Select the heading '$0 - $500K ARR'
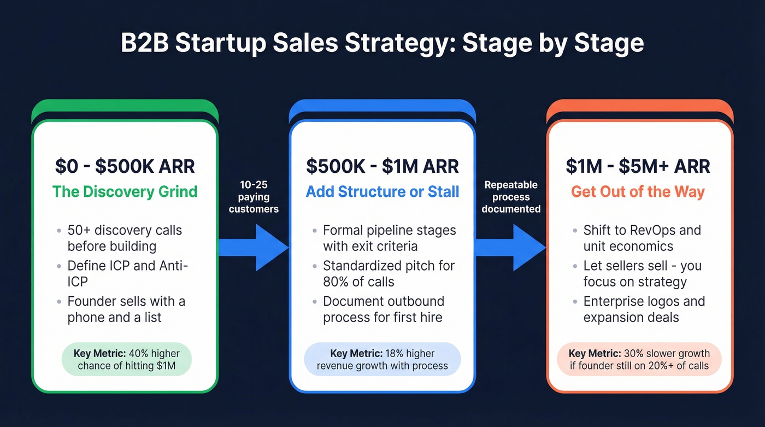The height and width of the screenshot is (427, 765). [x=125, y=166]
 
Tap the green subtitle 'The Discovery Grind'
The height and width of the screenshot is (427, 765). [x=125, y=192]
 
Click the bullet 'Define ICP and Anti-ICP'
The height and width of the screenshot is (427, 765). [x=128, y=273]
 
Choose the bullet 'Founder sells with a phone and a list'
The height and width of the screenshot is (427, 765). [x=126, y=309]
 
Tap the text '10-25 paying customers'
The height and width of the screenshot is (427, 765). [x=254, y=197]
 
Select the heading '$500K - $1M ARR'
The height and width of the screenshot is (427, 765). [x=382, y=166]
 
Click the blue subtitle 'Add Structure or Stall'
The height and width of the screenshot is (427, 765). [x=382, y=192]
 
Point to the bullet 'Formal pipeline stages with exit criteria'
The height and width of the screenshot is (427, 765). [x=389, y=238]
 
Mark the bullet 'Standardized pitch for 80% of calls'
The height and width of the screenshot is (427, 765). [x=389, y=273]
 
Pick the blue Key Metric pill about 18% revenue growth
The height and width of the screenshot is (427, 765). [x=382, y=360]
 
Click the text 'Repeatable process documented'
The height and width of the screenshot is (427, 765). [x=511, y=197]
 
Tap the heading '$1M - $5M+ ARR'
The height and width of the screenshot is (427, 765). [x=638, y=166]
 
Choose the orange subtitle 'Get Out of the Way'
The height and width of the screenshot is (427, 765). [x=638, y=192]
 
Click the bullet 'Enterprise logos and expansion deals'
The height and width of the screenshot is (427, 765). [x=644, y=309]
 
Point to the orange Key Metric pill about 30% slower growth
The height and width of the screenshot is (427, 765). [x=639, y=360]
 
